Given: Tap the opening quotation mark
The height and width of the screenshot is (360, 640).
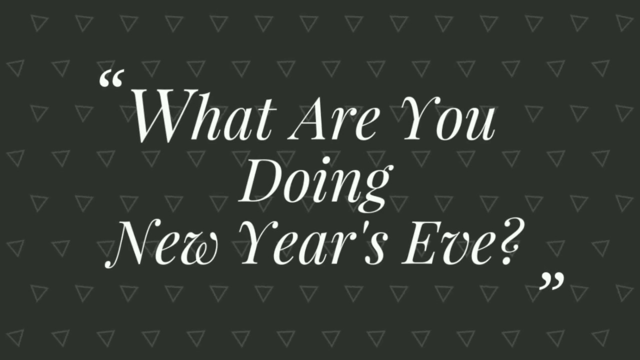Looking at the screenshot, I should pos(111,80).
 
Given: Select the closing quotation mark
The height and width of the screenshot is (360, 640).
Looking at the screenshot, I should pos(552,281).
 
